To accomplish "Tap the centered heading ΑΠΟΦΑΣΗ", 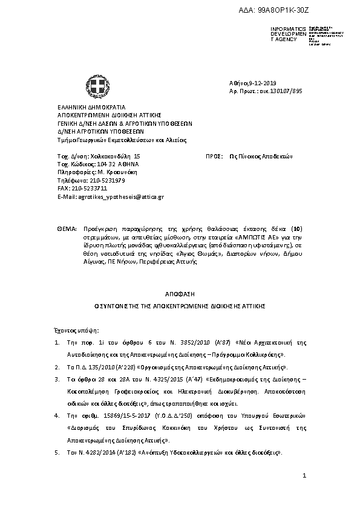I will coord(180,293).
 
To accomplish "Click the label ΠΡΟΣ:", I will coord(212,155).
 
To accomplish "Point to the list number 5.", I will coord(56,452).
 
